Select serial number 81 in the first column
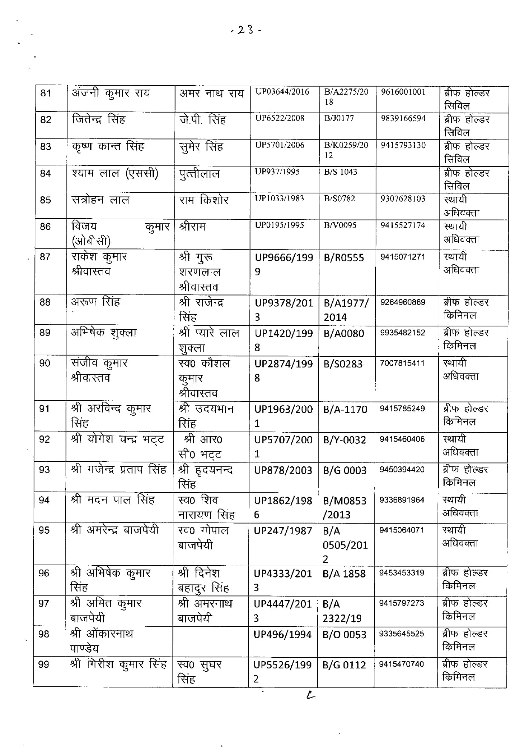click(x=46, y=93)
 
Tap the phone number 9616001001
click(x=403, y=92)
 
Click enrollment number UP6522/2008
click(x=280, y=118)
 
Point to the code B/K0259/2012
click(x=346, y=150)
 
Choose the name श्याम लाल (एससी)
click(x=115, y=174)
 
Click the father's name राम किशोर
click(x=204, y=200)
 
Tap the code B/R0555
click(x=344, y=257)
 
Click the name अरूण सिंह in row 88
click(x=96, y=302)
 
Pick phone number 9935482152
click(x=402, y=333)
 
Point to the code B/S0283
click(x=343, y=364)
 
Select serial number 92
click(x=44, y=439)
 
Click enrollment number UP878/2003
click(x=283, y=470)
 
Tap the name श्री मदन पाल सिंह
click(x=112, y=500)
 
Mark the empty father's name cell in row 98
click(x=211, y=641)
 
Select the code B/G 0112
click(x=344, y=665)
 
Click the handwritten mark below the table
click(x=310, y=696)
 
